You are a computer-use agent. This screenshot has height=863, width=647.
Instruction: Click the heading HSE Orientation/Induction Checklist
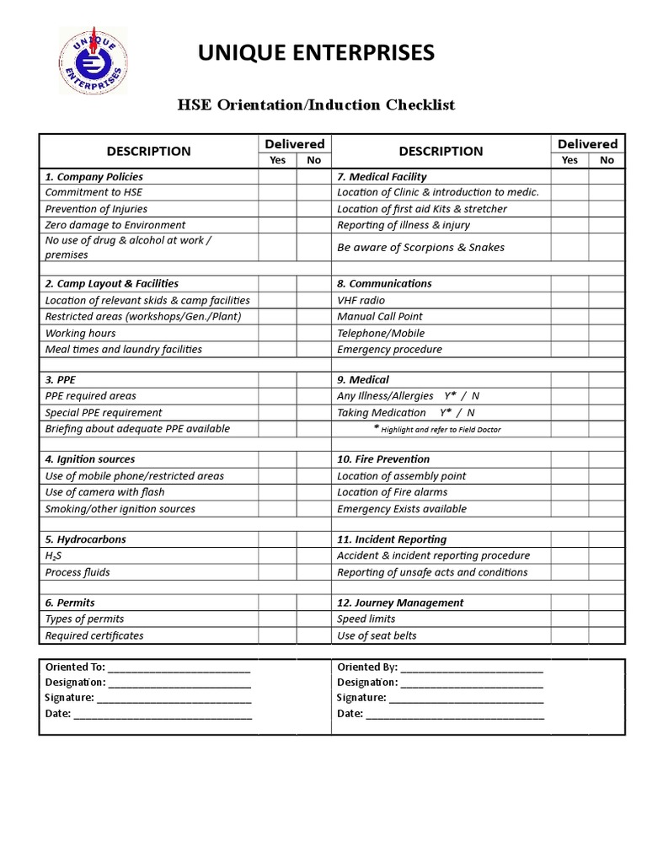(316, 105)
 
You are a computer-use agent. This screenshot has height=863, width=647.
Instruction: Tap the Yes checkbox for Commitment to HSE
(277, 192)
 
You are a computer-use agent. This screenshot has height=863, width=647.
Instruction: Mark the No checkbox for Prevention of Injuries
(313, 209)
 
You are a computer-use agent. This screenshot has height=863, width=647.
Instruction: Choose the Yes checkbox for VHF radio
(569, 300)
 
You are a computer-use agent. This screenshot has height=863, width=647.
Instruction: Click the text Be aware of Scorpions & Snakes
(420, 248)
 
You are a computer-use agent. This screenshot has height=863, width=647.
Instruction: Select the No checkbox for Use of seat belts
(607, 636)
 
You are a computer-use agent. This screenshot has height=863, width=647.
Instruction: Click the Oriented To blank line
(179, 667)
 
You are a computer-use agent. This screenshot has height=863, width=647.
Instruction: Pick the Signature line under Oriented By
(466, 698)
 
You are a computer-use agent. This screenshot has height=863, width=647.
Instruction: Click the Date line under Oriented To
(163, 714)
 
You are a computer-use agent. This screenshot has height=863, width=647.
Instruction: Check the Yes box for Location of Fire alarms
(569, 492)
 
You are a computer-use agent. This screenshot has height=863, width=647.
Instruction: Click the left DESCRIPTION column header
(148, 152)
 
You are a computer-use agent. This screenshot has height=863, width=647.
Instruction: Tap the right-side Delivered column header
(587, 144)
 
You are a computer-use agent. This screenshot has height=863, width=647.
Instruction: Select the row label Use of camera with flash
(104, 492)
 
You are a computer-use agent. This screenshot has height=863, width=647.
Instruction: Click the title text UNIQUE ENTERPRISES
(316, 54)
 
